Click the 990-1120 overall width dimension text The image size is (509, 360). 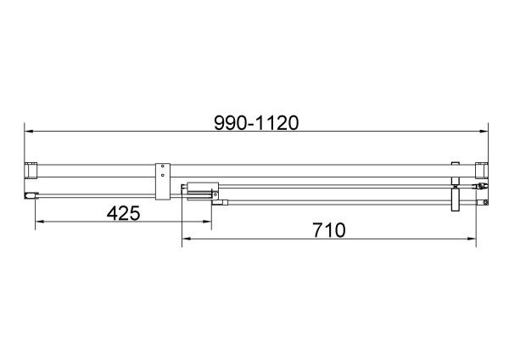[255, 122]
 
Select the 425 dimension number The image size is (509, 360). [123, 214]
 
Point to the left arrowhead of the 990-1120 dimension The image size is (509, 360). [27, 132]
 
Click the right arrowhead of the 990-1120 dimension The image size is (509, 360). [486, 132]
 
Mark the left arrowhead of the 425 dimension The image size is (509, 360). [38, 222]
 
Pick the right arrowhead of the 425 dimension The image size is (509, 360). [207, 222]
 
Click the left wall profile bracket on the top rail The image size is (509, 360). [31, 171]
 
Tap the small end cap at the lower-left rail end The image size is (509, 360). [31, 196]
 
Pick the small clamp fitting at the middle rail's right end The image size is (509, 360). [481, 186]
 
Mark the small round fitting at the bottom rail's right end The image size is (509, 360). [484, 202]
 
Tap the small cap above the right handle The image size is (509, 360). [456, 165]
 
